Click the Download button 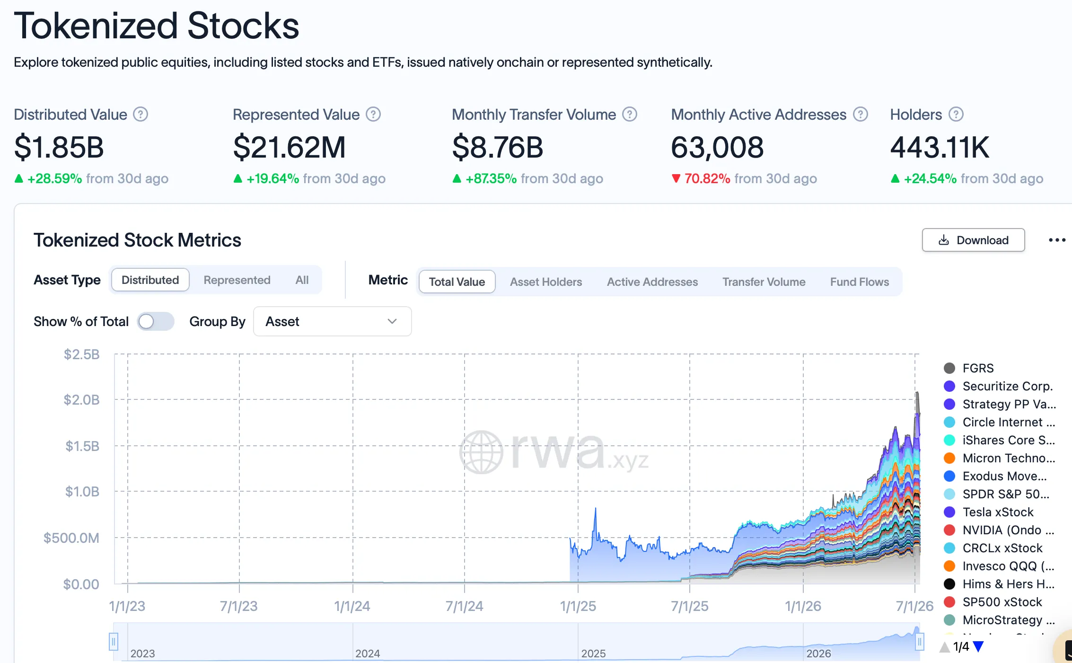[x=973, y=240]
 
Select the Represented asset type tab [x=237, y=280]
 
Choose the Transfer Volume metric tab [x=764, y=282]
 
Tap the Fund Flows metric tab [x=859, y=282]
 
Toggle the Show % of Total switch [x=156, y=321]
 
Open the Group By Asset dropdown [x=332, y=321]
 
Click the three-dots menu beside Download [x=1057, y=240]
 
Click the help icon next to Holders [x=956, y=115]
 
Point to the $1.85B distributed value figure [x=59, y=147]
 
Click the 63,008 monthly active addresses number [x=717, y=147]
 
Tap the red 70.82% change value [x=707, y=178]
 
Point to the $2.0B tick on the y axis [x=81, y=400]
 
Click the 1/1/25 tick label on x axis [x=578, y=606]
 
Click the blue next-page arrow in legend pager [x=978, y=646]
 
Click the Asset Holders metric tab [x=546, y=282]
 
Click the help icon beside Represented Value [x=373, y=115]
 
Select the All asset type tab [x=302, y=280]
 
